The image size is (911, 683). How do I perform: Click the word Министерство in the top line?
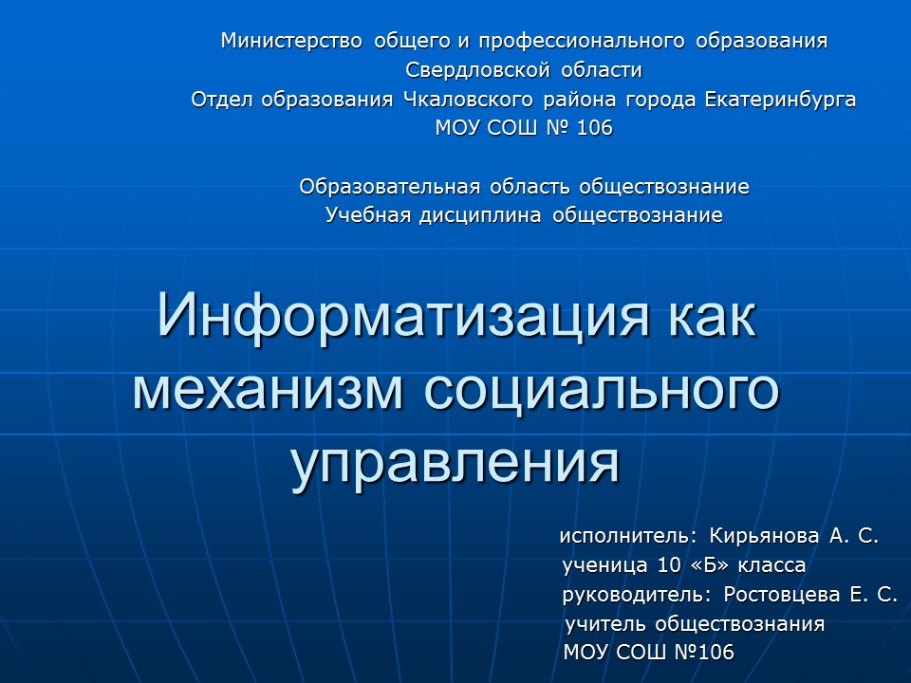pos(292,41)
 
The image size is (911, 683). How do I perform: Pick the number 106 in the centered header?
pos(594,128)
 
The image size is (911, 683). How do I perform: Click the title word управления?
pos(455,462)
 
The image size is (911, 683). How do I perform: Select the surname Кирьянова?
pos(765,537)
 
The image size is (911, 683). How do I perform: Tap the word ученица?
pos(605,566)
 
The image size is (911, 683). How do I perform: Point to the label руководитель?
pos(636,596)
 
